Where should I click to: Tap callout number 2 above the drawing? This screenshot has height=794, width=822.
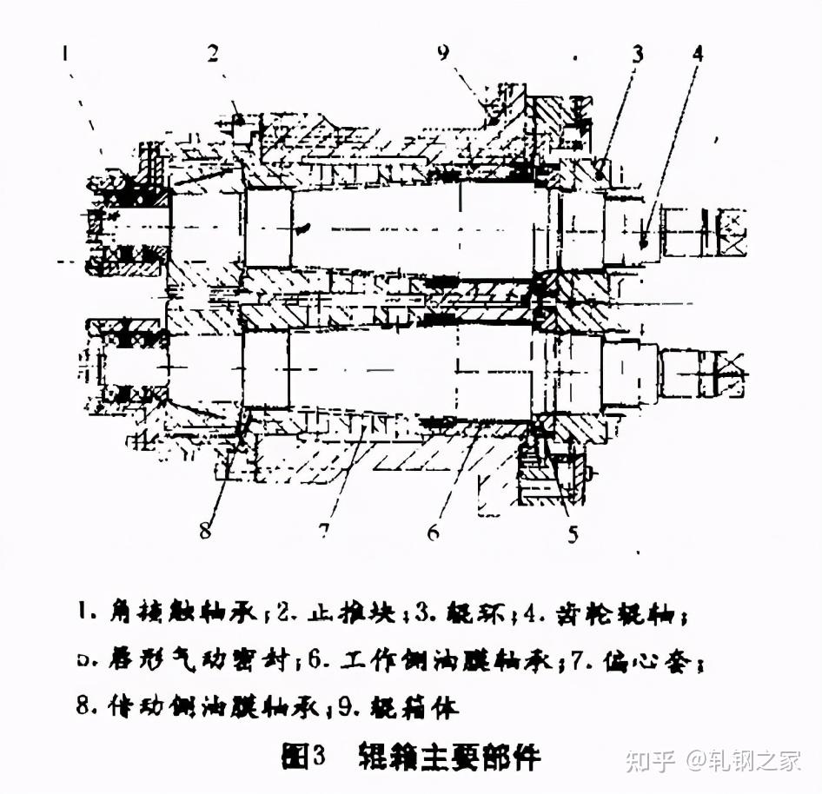point(211,54)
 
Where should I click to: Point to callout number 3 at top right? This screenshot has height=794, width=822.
point(638,55)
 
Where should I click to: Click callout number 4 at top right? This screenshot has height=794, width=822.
point(698,54)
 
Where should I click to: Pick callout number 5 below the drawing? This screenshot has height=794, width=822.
point(572,533)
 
